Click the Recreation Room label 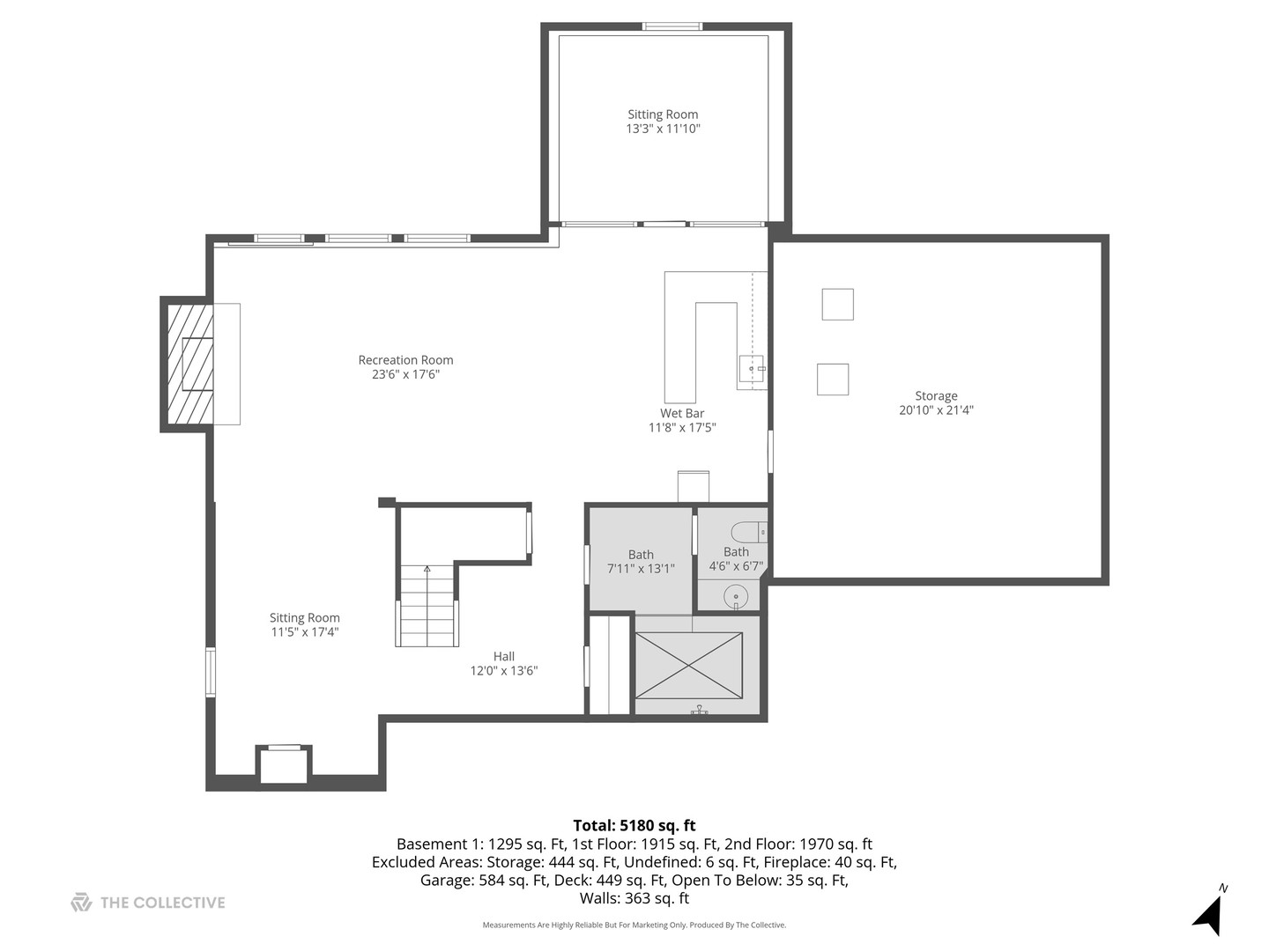(405, 360)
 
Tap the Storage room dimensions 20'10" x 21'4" (936, 410)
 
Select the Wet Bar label (682, 413)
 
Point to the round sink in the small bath (736, 597)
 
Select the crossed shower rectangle (688, 665)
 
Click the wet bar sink (751, 369)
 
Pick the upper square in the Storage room (837, 304)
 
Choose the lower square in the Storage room (833, 380)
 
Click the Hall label (504, 656)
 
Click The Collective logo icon (81, 903)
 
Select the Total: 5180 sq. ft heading (634, 825)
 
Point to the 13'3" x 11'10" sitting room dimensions (663, 129)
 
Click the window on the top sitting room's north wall (672, 26)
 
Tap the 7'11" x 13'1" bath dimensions (641, 569)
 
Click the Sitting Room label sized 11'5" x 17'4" (304, 618)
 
